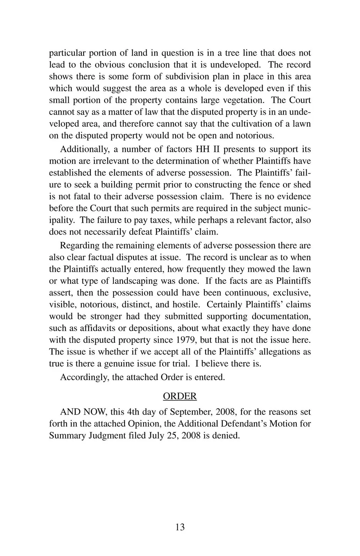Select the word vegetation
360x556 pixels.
click(x=243, y=100)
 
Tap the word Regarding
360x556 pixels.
click(x=79, y=246)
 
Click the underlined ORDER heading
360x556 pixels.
click(x=180, y=396)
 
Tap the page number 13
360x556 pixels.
click(x=180, y=527)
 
